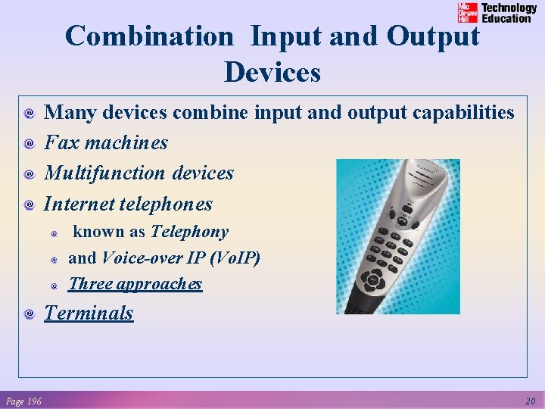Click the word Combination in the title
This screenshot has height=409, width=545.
(x=150, y=36)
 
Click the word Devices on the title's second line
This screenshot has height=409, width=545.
(x=272, y=73)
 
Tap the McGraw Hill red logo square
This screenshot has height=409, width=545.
(x=468, y=13)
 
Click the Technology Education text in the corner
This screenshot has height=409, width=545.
(x=509, y=13)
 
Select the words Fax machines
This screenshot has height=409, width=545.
(x=106, y=142)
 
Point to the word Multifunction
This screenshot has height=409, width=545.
(x=105, y=173)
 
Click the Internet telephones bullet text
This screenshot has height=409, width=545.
(x=128, y=204)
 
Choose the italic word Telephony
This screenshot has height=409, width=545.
(x=189, y=232)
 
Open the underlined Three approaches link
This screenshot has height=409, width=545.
(x=135, y=284)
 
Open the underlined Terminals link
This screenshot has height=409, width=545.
(x=89, y=313)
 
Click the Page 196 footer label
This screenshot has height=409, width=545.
(x=23, y=401)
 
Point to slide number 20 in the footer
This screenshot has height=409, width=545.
(x=531, y=401)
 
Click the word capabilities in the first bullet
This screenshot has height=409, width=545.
(x=462, y=112)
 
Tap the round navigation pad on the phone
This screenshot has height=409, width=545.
(x=372, y=281)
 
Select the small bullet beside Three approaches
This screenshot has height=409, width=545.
(x=54, y=286)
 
